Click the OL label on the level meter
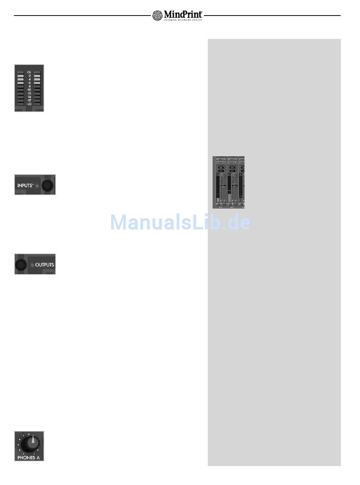click(x=29, y=72)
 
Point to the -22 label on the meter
click(x=29, y=104)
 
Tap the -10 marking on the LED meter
click(x=29, y=90)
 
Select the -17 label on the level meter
click(x=29, y=100)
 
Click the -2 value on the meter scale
click(x=29, y=76)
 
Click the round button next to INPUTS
click(x=47, y=185)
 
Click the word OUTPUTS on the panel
click(x=45, y=265)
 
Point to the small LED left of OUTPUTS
click(x=31, y=265)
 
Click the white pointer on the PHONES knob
click(x=33, y=440)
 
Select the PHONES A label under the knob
click(x=28, y=457)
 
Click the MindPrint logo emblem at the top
click(x=157, y=16)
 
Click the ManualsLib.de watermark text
click(x=180, y=222)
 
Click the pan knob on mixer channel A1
click(x=223, y=176)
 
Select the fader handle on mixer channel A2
click(x=235, y=185)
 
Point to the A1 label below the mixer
click(x=221, y=207)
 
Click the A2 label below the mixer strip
click(x=232, y=207)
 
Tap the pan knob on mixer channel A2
click(x=235, y=176)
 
